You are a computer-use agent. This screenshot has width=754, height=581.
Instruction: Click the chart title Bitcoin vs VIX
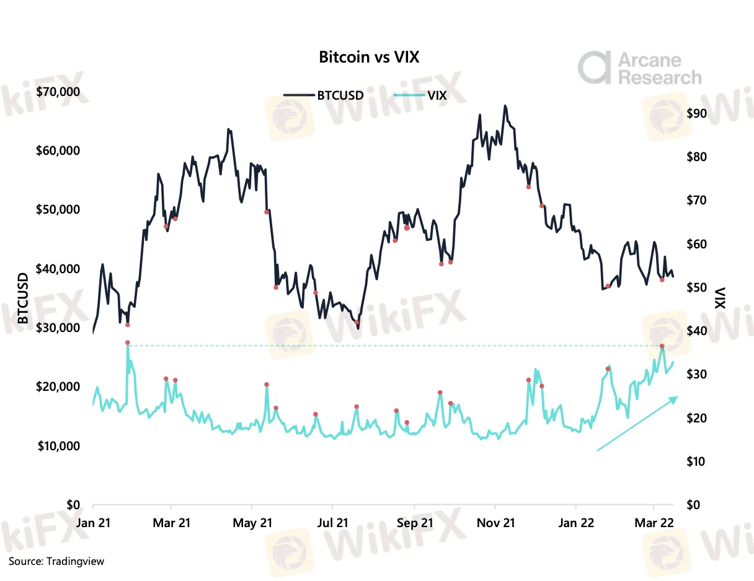click(369, 58)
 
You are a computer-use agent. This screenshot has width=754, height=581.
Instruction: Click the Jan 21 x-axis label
click(93, 523)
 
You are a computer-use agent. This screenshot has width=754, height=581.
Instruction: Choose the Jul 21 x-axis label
click(333, 523)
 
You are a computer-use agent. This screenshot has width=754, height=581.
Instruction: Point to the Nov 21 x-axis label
click(497, 523)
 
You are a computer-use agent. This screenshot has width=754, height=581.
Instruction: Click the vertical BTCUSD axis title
click(23, 299)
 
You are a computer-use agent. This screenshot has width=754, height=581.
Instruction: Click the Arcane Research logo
click(639, 68)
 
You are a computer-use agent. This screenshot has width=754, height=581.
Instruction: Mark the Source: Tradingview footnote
click(56, 561)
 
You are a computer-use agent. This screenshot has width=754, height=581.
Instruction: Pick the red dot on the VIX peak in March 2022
click(662, 346)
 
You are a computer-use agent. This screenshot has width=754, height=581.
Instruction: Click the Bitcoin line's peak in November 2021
click(505, 106)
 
